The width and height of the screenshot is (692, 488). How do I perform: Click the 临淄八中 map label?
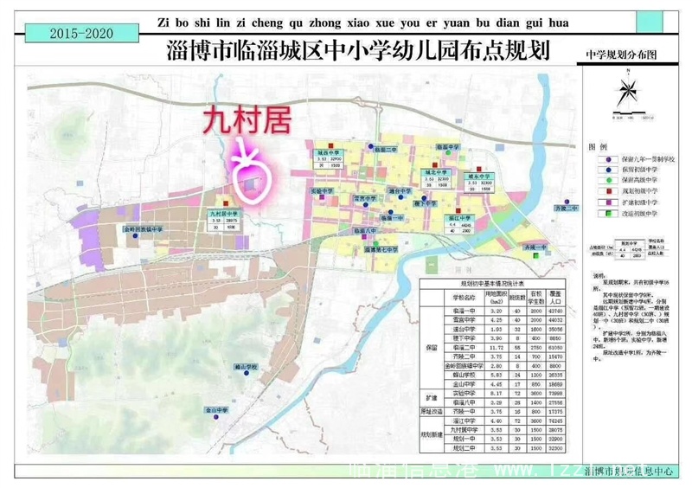tap(368, 232)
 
